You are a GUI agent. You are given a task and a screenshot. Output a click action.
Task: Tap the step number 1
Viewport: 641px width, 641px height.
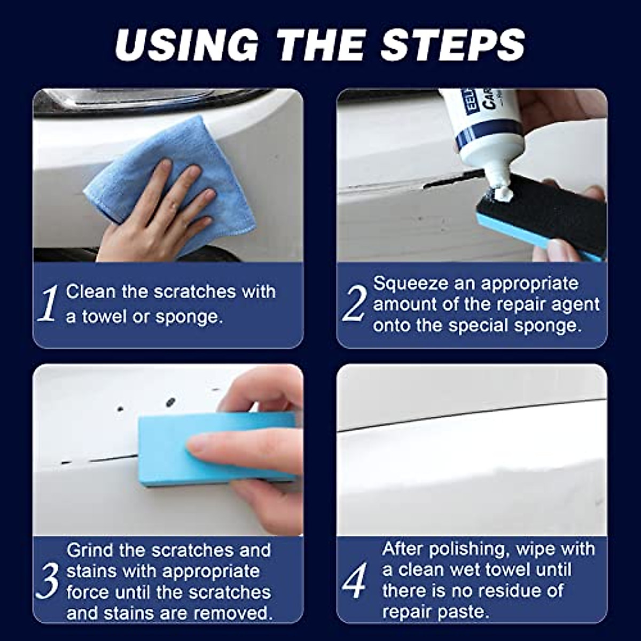(49, 304)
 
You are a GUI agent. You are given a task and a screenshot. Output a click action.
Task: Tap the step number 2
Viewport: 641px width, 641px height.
(353, 304)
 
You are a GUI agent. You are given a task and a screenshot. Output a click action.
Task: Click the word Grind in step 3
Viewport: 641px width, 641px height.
(88, 550)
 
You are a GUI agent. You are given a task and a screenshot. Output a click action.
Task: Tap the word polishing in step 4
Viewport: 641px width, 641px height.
(465, 549)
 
